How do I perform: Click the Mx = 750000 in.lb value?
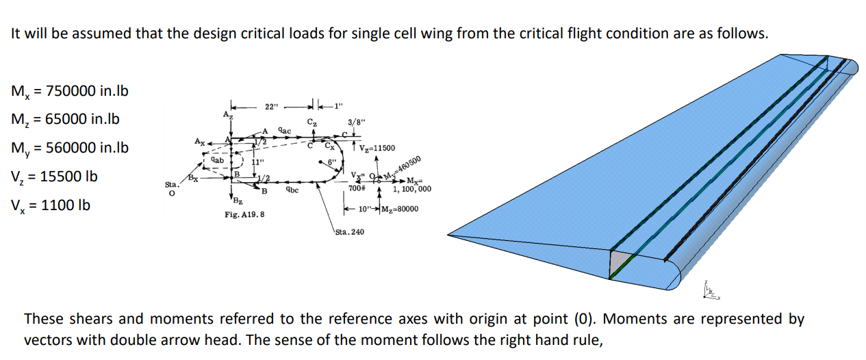[x=71, y=91]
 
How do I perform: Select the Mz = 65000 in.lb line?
[x=66, y=120]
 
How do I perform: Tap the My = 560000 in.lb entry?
[x=71, y=149]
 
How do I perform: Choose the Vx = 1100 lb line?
[x=51, y=205]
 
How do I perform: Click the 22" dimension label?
[x=272, y=107]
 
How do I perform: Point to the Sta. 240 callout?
[x=350, y=232]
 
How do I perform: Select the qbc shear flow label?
[x=292, y=190]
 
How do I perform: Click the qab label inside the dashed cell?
[x=217, y=159]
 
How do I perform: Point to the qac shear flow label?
[x=285, y=129]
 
